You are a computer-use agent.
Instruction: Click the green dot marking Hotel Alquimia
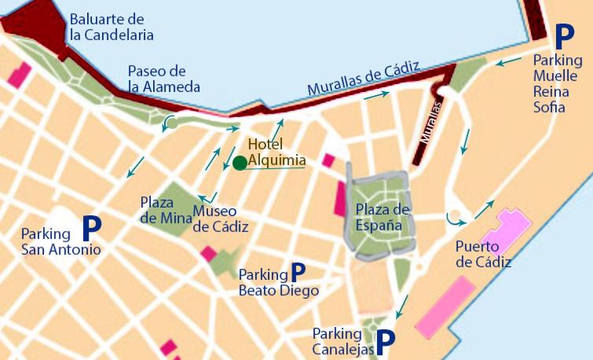[239, 163]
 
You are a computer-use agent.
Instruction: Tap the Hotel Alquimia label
[276, 152]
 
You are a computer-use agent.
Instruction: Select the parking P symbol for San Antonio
[92, 229]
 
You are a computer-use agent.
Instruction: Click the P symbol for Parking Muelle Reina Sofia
[564, 36]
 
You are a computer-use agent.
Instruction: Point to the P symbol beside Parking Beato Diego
[298, 272]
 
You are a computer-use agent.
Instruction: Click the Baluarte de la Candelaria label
[111, 27]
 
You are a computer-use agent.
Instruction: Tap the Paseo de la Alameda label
[163, 79]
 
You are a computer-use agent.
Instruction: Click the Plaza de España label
[383, 216]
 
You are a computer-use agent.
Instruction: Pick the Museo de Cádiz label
[221, 219]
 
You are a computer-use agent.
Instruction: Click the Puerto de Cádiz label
[483, 255]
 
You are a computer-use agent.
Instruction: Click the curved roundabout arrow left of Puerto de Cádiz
[452, 216]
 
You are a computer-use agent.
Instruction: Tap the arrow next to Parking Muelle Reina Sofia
[510, 59]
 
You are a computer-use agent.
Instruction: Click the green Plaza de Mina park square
[179, 206]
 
